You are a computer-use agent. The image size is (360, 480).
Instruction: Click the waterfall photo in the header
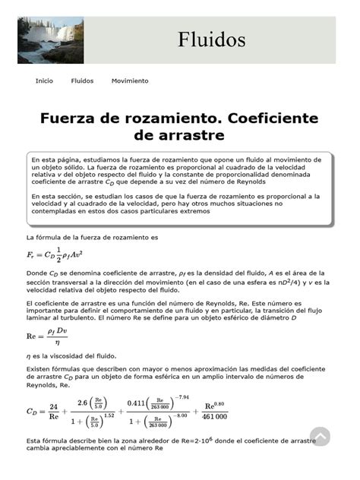point(51,40)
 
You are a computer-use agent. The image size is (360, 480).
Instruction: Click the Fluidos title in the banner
point(212,39)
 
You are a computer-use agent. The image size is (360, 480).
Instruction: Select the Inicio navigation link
point(44,81)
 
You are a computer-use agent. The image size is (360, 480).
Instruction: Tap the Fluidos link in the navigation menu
point(82,81)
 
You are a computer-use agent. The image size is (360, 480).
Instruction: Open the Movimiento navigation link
point(130,81)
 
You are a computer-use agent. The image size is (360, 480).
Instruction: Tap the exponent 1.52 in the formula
point(109,415)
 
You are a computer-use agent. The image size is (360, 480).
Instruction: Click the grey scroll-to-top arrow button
point(320,436)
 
